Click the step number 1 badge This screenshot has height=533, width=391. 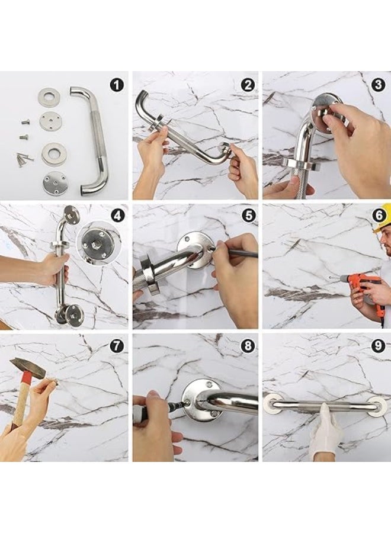click(x=117, y=85)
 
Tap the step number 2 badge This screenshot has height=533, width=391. click(x=248, y=85)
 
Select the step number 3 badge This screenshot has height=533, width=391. click(x=379, y=85)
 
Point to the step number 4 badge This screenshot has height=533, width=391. click(x=117, y=216)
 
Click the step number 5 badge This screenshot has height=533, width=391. click(x=249, y=216)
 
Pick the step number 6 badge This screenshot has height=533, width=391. click(x=379, y=215)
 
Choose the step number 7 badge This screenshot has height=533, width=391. click(x=116, y=346)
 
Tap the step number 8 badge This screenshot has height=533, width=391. click(x=248, y=346)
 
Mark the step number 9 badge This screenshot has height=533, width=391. click(x=379, y=346)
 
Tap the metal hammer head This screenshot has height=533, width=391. click(x=27, y=368)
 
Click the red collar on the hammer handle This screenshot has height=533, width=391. click(x=27, y=378)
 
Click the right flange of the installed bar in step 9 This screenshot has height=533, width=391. click(x=377, y=406)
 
